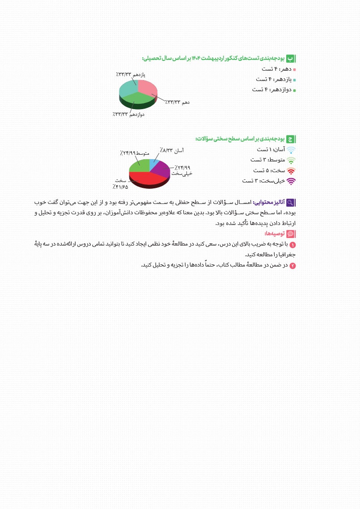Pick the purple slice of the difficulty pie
[x=162, y=170]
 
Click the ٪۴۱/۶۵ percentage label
[x=120, y=187]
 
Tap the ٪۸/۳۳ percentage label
[x=166, y=150]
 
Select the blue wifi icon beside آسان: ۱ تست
[x=291, y=150]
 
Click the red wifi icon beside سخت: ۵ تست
[x=291, y=170]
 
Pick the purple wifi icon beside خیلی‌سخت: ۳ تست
[x=291, y=181]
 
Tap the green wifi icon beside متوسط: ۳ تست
[x=291, y=160]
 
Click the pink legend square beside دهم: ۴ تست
[x=294, y=70]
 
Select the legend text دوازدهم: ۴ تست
[x=272, y=89]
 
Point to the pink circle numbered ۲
[x=293, y=266]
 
